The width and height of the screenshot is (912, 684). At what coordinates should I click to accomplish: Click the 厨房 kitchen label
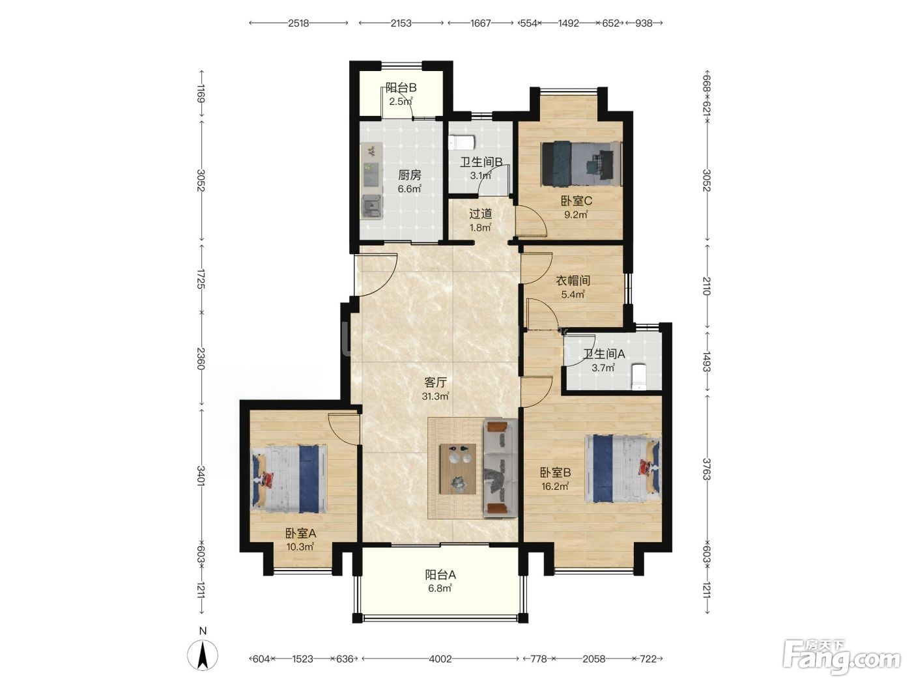pos(409,175)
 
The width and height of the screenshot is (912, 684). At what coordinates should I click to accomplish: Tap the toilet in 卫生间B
pos(462,143)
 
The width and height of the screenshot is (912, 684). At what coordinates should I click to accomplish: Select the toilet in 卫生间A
pos(638,377)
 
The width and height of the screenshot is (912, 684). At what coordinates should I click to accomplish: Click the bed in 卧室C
pos(581,164)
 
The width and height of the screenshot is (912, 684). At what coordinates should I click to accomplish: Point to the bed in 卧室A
pos(289,479)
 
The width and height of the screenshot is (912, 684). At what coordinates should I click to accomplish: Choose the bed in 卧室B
pos(622,468)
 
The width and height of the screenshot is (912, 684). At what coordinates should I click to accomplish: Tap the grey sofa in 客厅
pos(500,468)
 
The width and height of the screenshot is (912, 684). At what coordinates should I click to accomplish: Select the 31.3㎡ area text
pos(435,396)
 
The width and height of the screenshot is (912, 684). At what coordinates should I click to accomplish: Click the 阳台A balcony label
pos(440,575)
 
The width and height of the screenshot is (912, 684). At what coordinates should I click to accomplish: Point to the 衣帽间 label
pos(573,281)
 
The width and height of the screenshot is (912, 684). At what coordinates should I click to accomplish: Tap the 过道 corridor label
pos(480,214)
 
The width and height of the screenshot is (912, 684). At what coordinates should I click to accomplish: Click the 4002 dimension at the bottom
pos(440,659)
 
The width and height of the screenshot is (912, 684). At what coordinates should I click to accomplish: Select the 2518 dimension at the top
pos(298,23)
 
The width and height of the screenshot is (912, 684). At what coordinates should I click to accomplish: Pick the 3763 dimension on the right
pos(707,469)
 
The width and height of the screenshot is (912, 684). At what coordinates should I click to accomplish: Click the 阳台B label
pos(401,88)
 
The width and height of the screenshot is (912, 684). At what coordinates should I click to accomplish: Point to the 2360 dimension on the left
pos(201,358)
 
